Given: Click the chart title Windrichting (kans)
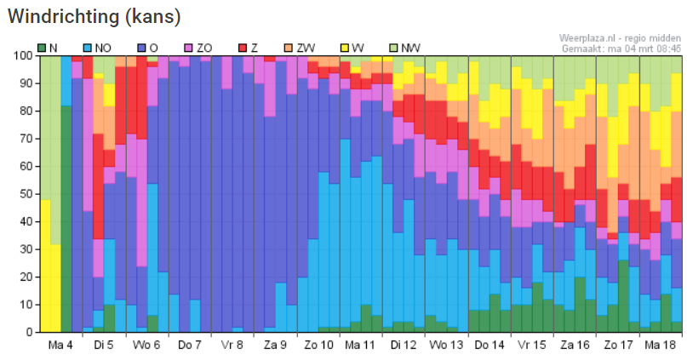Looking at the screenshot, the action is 94,17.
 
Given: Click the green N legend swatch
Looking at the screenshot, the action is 42,48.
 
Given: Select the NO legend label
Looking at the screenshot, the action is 103,48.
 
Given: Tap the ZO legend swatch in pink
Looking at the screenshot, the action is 189,48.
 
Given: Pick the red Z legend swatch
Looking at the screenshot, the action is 243,48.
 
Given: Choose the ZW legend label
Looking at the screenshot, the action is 306,48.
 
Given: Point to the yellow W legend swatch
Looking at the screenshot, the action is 346,48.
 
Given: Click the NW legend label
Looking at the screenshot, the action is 410,48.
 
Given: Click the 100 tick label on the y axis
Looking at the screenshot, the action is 24,55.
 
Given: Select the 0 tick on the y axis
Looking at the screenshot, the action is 30,332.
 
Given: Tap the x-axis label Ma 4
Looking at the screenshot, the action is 60,346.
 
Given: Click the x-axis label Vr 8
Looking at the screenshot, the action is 232,346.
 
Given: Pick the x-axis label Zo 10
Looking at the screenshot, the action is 318,346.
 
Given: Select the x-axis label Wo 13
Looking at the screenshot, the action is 446,346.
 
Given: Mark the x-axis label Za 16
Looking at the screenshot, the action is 575,346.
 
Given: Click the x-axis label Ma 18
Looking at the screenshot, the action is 661,346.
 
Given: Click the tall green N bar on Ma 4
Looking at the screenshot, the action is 66,219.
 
